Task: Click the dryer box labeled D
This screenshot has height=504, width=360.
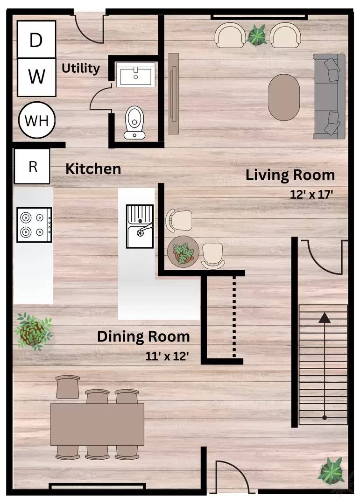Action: tap(37, 39)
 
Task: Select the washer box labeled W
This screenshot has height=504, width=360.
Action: tap(37, 77)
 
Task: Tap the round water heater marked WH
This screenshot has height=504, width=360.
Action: tap(37, 120)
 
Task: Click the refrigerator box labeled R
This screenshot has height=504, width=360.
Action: tap(32, 167)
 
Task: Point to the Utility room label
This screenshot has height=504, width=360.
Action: tap(80, 69)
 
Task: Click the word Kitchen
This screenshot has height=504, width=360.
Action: tap(93, 169)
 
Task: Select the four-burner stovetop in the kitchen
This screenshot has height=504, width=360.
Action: tap(35, 224)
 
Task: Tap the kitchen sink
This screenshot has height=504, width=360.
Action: tap(140, 226)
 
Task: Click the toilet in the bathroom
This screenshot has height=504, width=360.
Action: tap(134, 123)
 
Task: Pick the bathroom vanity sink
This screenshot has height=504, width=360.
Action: tap(135, 75)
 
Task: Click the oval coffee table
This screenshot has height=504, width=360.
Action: tap(284, 98)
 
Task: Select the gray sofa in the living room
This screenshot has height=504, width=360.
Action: tap(329, 97)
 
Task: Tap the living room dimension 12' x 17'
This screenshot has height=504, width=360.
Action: tap(311, 195)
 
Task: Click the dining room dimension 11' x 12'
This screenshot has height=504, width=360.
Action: tap(167, 356)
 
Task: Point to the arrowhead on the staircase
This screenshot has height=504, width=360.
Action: tap(325, 318)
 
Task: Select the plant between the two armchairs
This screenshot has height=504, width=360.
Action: tap(257, 35)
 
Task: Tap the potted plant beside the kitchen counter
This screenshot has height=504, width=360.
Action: tap(33, 331)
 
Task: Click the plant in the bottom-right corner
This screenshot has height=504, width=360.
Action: tap(331, 471)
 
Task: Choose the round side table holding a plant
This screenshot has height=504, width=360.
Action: tap(183, 251)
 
